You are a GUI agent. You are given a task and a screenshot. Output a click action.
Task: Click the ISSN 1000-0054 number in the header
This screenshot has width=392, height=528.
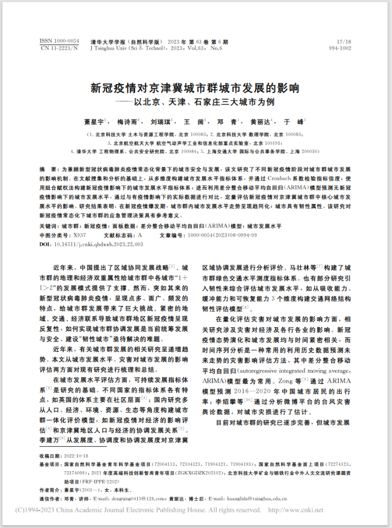[59, 42]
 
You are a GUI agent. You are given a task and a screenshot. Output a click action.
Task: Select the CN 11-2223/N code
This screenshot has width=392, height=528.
[59, 49]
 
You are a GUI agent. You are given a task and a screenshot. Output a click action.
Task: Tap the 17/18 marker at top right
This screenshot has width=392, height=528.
[344, 42]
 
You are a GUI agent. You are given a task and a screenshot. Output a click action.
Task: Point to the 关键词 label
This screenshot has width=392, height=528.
[49, 225]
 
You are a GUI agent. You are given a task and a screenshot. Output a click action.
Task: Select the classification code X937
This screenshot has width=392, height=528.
[79, 233]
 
